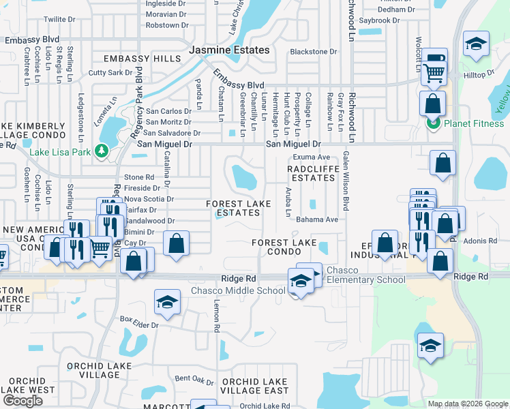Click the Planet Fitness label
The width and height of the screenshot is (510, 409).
(473, 123)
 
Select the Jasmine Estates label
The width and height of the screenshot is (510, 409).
(229, 50)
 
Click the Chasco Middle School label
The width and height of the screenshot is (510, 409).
(237, 291)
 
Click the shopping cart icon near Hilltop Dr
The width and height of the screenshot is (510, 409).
(434, 72)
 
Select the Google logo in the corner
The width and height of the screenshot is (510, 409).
(22, 401)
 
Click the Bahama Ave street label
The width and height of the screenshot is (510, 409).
(317, 219)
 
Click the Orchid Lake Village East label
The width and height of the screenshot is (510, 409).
(255, 386)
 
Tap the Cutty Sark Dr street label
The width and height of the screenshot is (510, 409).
(110, 72)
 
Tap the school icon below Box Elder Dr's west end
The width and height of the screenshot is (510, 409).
(166, 303)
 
